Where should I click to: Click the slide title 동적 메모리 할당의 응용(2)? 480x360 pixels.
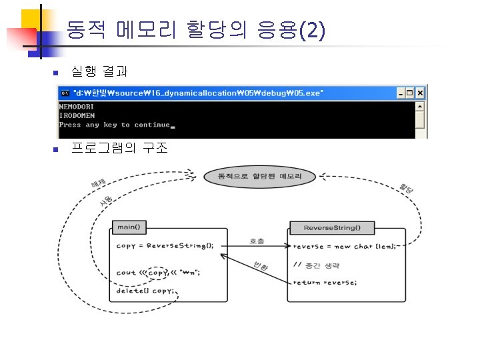pyautogui.click(x=195, y=29)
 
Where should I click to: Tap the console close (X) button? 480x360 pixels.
pyautogui.click(x=421, y=93)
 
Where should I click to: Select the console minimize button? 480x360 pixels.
pyautogui.click(x=401, y=93)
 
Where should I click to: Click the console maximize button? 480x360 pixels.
pyautogui.click(x=411, y=93)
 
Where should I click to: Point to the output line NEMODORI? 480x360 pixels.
pyautogui.click(x=77, y=106)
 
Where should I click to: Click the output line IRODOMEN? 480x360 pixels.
pyautogui.click(x=77, y=115)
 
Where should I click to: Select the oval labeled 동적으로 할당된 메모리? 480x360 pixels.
pyautogui.click(x=259, y=177)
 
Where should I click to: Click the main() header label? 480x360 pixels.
pyautogui.click(x=129, y=227)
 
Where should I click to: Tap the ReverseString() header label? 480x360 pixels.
pyautogui.click(x=331, y=228)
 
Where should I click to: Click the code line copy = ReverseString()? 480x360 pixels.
pyautogui.click(x=165, y=245)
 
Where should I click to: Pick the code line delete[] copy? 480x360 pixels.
pyautogui.click(x=145, y=291)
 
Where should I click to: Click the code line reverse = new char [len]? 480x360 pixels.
pyautogui.click(x=344, y=246)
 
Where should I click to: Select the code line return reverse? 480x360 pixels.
pyautogui.click(x=325, y=282)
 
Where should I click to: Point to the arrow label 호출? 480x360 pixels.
pyautogui.click(x=257, y=240)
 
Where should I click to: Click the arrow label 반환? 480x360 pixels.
pyautogui.click(x=260, y=267)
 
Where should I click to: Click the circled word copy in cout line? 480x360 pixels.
pyautogui.click(x=158, y=272)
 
